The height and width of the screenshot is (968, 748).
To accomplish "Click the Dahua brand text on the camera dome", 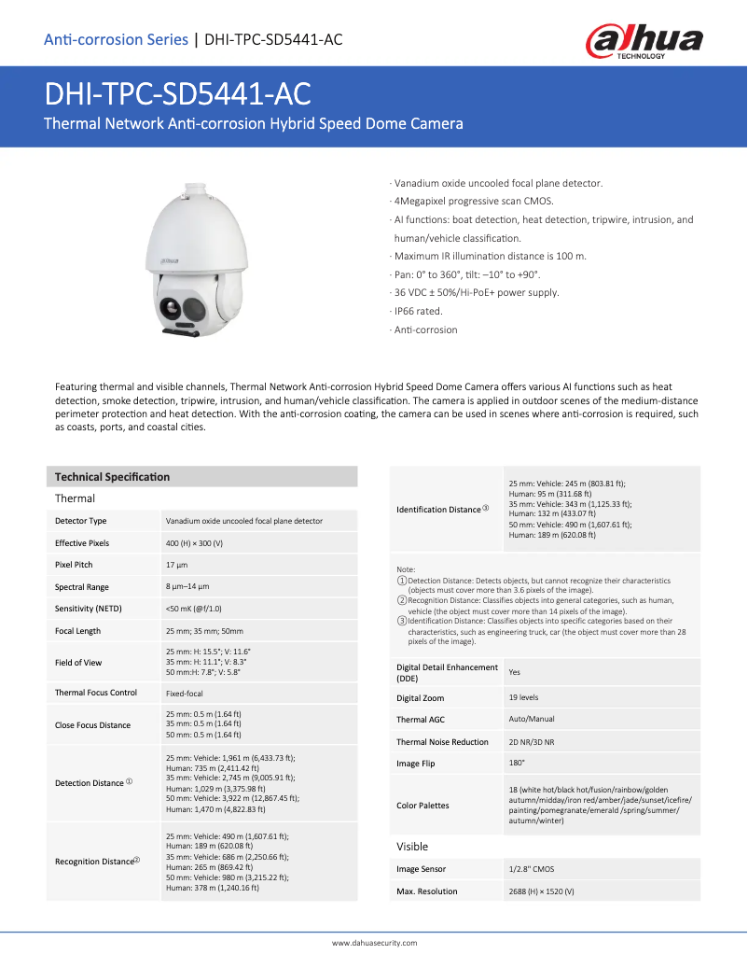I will [169, 261].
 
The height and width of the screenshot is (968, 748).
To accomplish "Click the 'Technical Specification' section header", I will [112, 477].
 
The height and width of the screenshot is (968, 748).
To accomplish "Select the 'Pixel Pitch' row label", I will [74, 565].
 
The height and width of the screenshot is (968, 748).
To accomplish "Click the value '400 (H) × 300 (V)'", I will [194, 542].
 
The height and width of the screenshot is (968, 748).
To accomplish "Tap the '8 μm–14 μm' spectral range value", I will [187, 586].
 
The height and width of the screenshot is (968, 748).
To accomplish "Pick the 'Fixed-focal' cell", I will [184, 694].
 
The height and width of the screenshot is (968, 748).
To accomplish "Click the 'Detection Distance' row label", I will [90, 783].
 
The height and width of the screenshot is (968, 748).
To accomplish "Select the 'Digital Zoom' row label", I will [420, 698].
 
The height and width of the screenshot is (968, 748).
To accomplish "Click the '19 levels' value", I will [523, 697].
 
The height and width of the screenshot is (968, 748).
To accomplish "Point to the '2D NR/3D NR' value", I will [532, 742].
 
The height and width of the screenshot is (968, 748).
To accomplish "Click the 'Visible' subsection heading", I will [412, 847].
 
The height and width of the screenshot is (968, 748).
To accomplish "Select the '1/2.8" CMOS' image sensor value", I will [532, 869].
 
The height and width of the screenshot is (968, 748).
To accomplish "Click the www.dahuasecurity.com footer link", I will [374, 943].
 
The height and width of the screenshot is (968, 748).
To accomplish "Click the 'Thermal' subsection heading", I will [75, 498].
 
